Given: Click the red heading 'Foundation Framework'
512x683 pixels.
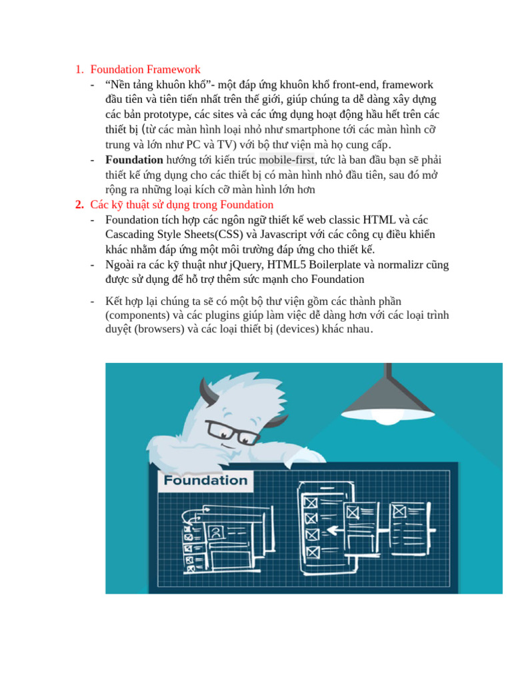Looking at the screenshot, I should [145, 69].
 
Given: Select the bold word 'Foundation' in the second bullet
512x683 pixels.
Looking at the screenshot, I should [134, 160].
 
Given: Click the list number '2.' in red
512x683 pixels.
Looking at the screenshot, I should [80, 205].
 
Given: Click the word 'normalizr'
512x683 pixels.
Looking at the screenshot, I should [399, 265].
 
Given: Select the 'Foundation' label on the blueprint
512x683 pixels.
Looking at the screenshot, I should [205, 480].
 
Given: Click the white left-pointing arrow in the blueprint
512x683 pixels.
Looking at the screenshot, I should [333, 531].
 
